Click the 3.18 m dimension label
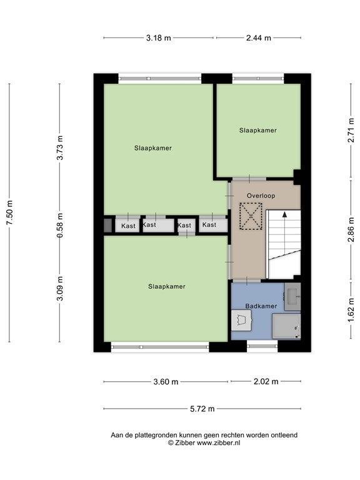click(158, 38)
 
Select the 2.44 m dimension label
click(259, 38)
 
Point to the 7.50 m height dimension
click(9, 212)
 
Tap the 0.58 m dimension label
click(60, 226)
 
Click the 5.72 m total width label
click(202, 409)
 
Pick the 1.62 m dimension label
click(351, 311)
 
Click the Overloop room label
click(261, 196)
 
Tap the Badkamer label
click(261, 306)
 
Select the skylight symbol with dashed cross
click(251, 216)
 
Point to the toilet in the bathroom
click(241, 320)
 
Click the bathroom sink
click(292, 297)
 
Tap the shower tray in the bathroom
click(286, 327)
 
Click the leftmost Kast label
click(128, 226)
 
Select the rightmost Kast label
click(209, 225)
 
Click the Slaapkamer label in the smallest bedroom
click(258, 131)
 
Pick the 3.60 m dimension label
click(166, 382)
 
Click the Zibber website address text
click(218, 442)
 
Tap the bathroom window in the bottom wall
click(262, 346)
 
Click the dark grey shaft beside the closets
click(107, 225)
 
